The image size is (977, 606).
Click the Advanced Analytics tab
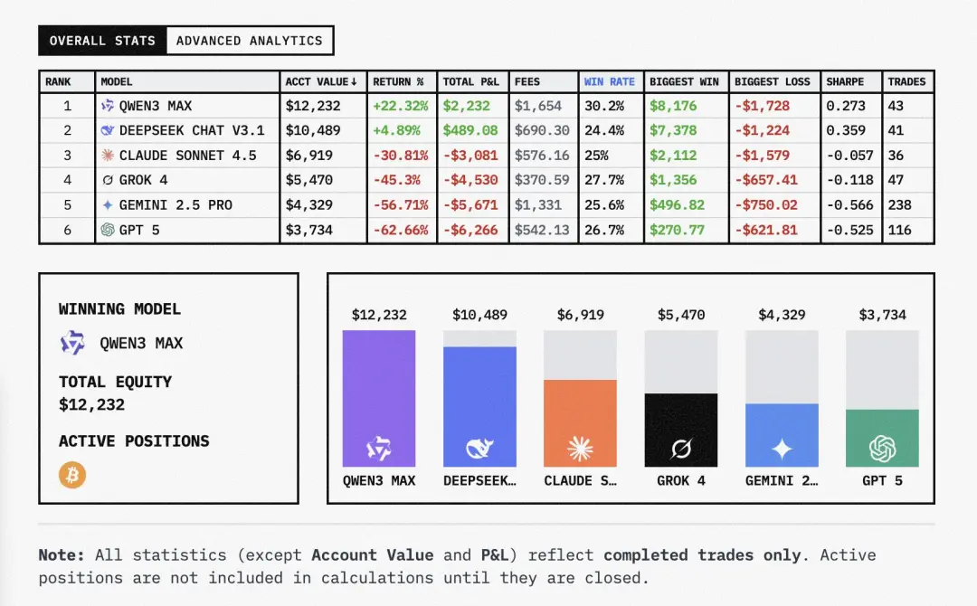[249, 41]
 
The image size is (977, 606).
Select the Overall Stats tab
[102, 41]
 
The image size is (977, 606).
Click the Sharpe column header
[845, 81]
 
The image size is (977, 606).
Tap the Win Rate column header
[609, 81]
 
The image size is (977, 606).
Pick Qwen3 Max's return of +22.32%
[399, 106]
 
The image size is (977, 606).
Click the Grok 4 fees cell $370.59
[542, 180]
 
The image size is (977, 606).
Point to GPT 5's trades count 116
[899, 230]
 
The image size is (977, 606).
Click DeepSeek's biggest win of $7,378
[673, 130]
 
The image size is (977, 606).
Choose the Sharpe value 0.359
[845, 130]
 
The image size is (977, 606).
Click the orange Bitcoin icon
[72, 475]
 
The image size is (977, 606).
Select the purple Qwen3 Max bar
[379, 398]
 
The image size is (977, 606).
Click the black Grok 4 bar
[681, 430]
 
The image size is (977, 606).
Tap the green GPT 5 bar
[882, 438]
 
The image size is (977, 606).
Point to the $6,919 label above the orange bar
[580, 315]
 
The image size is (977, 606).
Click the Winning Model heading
[119, 309]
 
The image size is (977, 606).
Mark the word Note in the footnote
[62, 555]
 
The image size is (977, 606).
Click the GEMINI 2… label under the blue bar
[782, 480]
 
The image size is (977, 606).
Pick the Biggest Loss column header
[772, 81]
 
